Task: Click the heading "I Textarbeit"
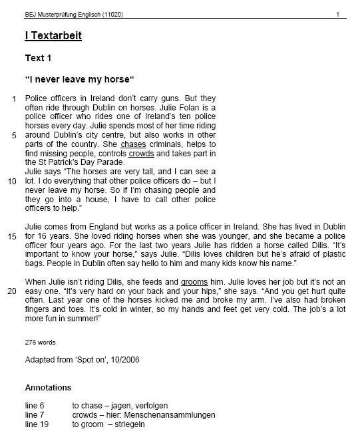53,36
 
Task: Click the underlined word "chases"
133,144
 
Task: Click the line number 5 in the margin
14,135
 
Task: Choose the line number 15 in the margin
12,236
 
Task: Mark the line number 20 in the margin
12,291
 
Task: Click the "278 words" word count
40,343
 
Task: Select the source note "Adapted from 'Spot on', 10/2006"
82,360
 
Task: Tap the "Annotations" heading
48,387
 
